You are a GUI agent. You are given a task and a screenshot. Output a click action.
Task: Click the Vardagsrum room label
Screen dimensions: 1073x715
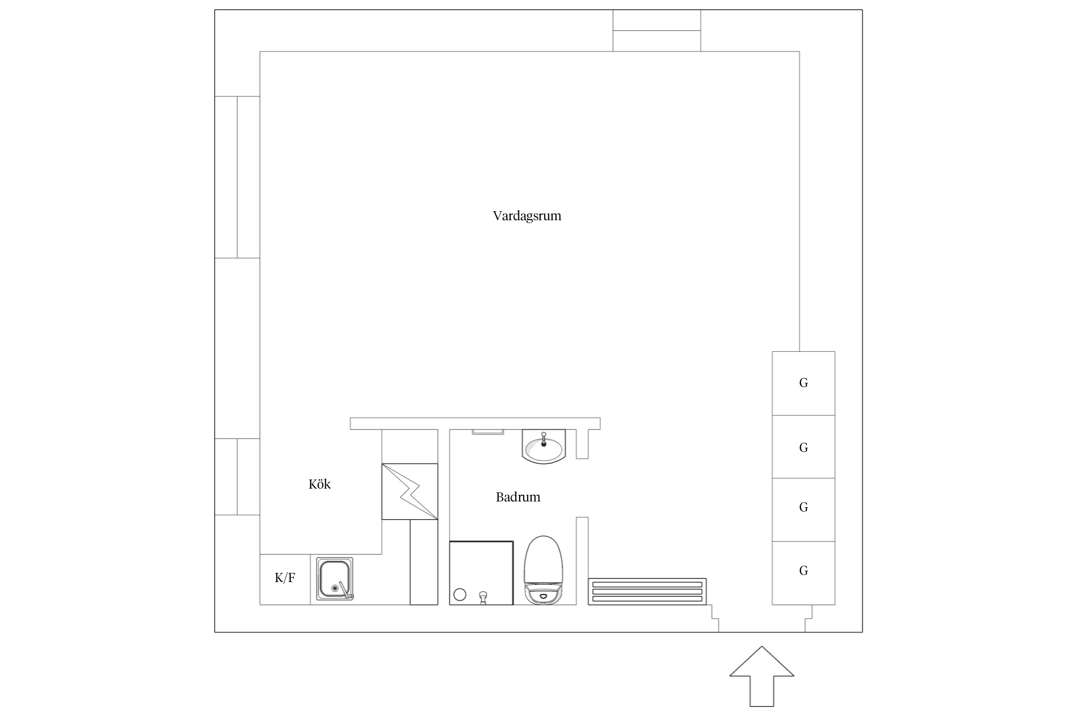pos(527,216)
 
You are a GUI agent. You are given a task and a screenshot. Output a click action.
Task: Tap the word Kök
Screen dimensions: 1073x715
pos(320,484)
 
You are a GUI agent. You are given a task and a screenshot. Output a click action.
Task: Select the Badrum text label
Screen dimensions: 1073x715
pos(518,497)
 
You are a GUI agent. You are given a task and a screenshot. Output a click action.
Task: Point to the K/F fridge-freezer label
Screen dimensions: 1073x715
pos(285,578)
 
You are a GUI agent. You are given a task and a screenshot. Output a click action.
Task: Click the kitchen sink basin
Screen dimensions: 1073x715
pos(335,579)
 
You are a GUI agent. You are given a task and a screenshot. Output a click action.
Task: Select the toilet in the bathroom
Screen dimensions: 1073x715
pos(543,570)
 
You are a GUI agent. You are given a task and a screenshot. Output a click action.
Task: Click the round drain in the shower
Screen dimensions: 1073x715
pos(460,594)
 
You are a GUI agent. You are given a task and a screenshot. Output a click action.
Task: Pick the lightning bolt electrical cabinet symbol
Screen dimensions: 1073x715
pos(410,491)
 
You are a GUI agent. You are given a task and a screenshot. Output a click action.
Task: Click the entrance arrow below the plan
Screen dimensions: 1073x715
pos(762,676)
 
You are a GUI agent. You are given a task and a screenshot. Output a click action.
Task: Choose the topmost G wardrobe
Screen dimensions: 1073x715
pos(804,383)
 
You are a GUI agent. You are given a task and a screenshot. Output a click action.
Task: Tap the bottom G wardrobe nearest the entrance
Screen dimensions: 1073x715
pos(804,573)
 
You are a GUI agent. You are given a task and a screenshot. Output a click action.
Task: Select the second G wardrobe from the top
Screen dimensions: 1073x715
pos(804,447)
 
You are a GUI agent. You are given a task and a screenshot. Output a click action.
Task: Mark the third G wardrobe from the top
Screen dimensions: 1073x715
pos(804,510)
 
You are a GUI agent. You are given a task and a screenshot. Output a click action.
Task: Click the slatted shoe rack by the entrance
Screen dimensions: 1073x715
pos(647,592)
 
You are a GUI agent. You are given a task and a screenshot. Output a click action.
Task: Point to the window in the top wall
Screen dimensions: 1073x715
pos(657,31)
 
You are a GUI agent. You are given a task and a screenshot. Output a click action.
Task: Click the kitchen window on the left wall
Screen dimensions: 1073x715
pos(237,477)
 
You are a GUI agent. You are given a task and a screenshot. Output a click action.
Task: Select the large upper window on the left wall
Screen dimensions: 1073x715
pos(237,177)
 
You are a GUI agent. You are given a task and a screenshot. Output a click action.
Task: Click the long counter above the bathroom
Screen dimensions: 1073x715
pos(475,424)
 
